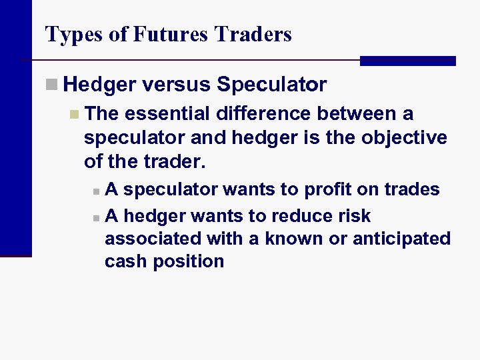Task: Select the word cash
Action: [126, 261]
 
